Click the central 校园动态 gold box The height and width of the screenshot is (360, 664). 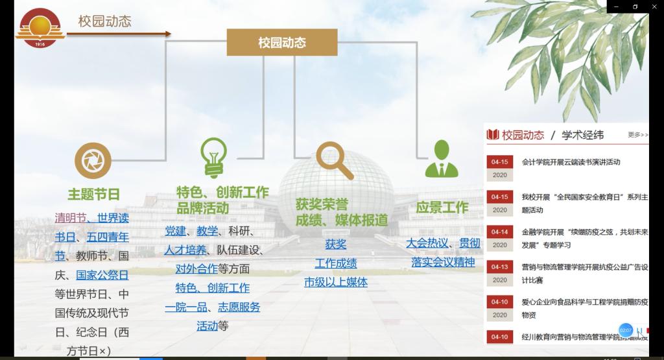[282, 43]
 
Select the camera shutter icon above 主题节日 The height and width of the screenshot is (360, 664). [93, 160]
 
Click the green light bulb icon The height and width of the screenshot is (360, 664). [213, 156]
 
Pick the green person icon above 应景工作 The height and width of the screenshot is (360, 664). [442, 160]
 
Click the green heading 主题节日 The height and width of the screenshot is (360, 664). [93, 194]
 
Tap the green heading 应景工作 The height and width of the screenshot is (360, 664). [442, 208]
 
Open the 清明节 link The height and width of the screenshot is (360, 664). [70, 218]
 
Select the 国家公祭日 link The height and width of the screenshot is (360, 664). [102, 275]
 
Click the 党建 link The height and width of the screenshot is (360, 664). [175, 231]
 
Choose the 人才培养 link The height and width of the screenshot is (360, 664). [185, 250]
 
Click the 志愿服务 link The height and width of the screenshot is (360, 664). [239, 307]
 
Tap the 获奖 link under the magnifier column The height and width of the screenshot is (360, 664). [335, 244]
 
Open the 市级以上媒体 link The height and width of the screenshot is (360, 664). [335, 282]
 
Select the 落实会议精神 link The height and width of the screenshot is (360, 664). [443, 262]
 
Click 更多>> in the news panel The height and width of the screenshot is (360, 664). [637, 135]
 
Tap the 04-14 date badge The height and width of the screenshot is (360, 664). [500, 232]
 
